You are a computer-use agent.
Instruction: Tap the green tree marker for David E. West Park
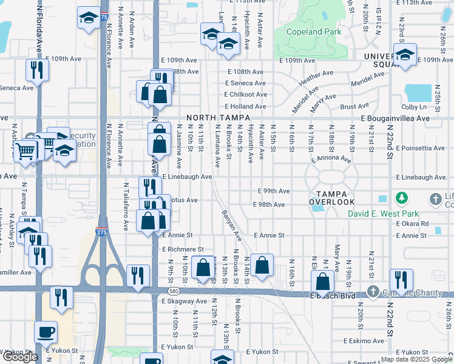tap(401, 198)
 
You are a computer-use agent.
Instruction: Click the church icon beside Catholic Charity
tap(374, 292)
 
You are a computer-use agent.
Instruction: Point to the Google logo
tap(20, 357)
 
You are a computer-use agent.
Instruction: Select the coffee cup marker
tap(46, 332)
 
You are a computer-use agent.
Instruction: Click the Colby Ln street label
tap(414, 107)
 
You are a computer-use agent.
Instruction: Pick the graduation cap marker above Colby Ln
tap(405, 54)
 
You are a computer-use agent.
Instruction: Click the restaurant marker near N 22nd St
tap(401, 280)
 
